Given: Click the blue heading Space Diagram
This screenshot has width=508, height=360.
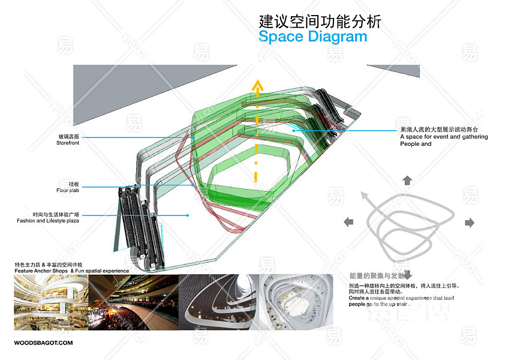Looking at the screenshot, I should (312, 37).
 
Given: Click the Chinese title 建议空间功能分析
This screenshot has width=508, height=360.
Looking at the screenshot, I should (320, 22).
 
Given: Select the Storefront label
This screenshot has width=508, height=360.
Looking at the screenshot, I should (68, 143).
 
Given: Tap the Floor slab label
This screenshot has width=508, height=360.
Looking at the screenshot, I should (68, 190).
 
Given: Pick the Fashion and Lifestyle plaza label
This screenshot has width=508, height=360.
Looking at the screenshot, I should (48, 221).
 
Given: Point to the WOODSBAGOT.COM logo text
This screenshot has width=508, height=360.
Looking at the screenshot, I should (43, 343).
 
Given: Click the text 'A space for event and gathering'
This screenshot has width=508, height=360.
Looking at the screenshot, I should (444, 137).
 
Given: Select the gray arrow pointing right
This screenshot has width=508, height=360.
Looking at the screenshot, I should (470, 223).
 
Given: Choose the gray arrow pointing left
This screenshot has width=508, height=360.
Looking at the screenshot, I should (348, 223).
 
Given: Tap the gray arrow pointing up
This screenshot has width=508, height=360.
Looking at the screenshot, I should (407, 180).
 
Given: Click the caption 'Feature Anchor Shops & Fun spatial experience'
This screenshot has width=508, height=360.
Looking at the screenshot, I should (72, 271).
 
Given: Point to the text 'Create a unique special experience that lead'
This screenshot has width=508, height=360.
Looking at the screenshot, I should (401, 298).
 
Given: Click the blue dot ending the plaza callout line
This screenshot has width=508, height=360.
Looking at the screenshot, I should (188, 215).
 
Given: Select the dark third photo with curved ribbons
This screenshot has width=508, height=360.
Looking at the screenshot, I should (219, 302).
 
